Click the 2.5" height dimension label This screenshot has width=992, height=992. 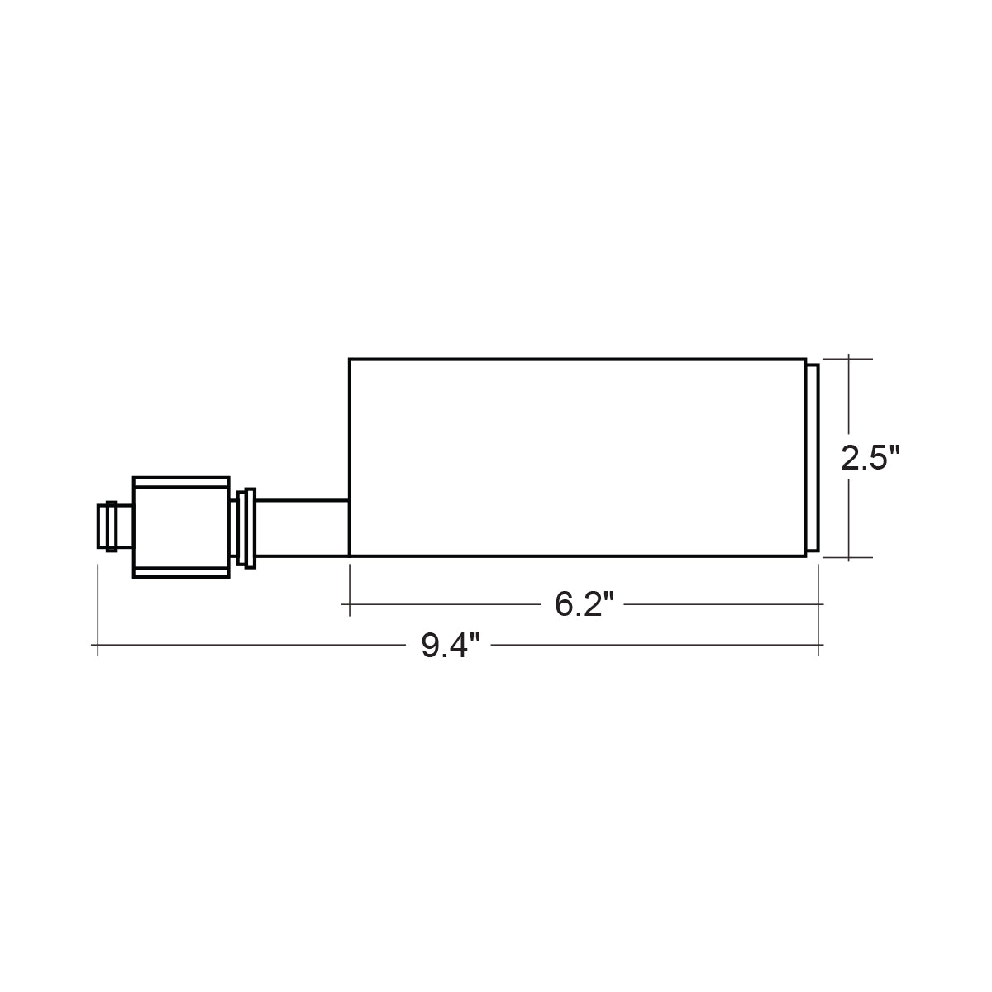[x=870, y=457]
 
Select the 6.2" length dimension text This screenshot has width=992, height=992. [x=584, y=603]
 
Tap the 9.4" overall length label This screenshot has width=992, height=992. [x=451, y=645]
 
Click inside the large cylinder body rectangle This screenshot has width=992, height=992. [x=577, y=457]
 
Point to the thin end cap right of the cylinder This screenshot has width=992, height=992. [x=813, y=458]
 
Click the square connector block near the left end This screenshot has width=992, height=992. [x=181, y=527]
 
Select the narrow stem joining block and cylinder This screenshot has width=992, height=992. [x=303, y=528]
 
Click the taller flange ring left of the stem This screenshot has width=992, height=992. [x=250, y=528]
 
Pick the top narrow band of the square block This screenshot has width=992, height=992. [x=181, y=482]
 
